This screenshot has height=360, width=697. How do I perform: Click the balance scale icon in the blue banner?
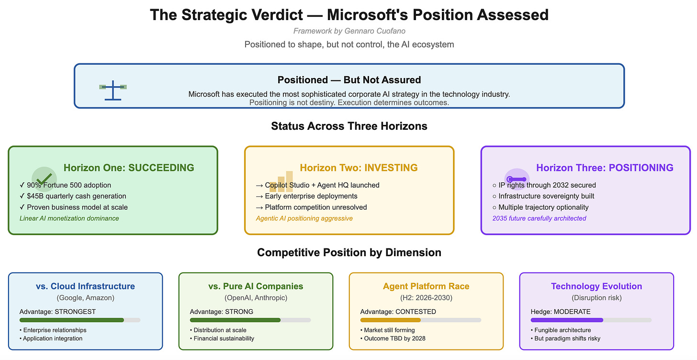pyautogui.click(x=113, y=90)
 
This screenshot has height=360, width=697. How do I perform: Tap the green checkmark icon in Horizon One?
pyautogui.click(x=44, y=179)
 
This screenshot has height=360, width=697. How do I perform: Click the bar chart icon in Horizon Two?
pyautogui.click(x=281, y=181)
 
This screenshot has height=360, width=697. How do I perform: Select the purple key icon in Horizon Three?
pyautogui.click(x=517, y=179)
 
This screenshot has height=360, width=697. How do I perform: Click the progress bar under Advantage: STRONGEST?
pyautogui.click(x=80, y=320)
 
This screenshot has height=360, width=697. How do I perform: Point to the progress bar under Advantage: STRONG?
pyautogui.click(x=250, y=320)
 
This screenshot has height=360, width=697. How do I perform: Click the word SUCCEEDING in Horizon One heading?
pyautogui.click(x=161, y=168)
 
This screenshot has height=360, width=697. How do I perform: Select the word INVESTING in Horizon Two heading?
pyautogui.click(x=391, y=168)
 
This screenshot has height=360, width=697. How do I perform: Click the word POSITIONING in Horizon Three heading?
pyautogui.click(x=641, y=168)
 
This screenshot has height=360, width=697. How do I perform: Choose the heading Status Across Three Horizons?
pyautogui.click(x=349, y=126)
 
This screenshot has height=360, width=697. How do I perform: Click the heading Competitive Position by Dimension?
pyautogui.click(x=349, y=252)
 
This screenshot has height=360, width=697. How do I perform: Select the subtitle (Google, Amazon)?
pyautogui.click(x=86, y=298)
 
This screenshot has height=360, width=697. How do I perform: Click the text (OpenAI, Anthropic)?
pyautogui.click(x=256, y=298)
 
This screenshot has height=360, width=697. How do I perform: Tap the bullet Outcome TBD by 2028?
pyautogui.click(x=393, y=338)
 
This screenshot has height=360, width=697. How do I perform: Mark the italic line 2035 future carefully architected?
pyautogui.click(x=539, y=218)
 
